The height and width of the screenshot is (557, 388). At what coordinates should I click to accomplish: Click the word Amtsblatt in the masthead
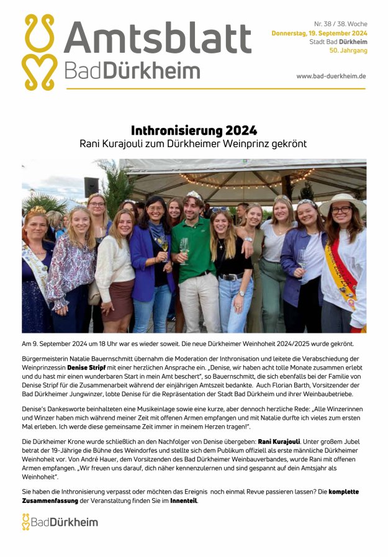pyautogui.click(x=158, y=37)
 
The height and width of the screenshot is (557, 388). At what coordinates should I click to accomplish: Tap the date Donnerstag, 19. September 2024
pyautogui.click(x=319, y=33)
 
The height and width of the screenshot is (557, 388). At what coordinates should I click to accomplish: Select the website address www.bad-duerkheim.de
pyautogui.click(x=331, y=76)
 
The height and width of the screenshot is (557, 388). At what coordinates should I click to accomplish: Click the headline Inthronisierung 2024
pyautogui.click(x=194, y=130)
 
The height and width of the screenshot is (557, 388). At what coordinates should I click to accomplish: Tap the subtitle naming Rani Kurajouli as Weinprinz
pyautogui.click(x=194, y=143)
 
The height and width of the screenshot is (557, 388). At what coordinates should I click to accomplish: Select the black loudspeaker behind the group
pyautogui.click(x=92, y=187)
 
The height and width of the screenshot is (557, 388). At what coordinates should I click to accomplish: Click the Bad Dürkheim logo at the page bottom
pyautogui.click(x=60, y=522)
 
